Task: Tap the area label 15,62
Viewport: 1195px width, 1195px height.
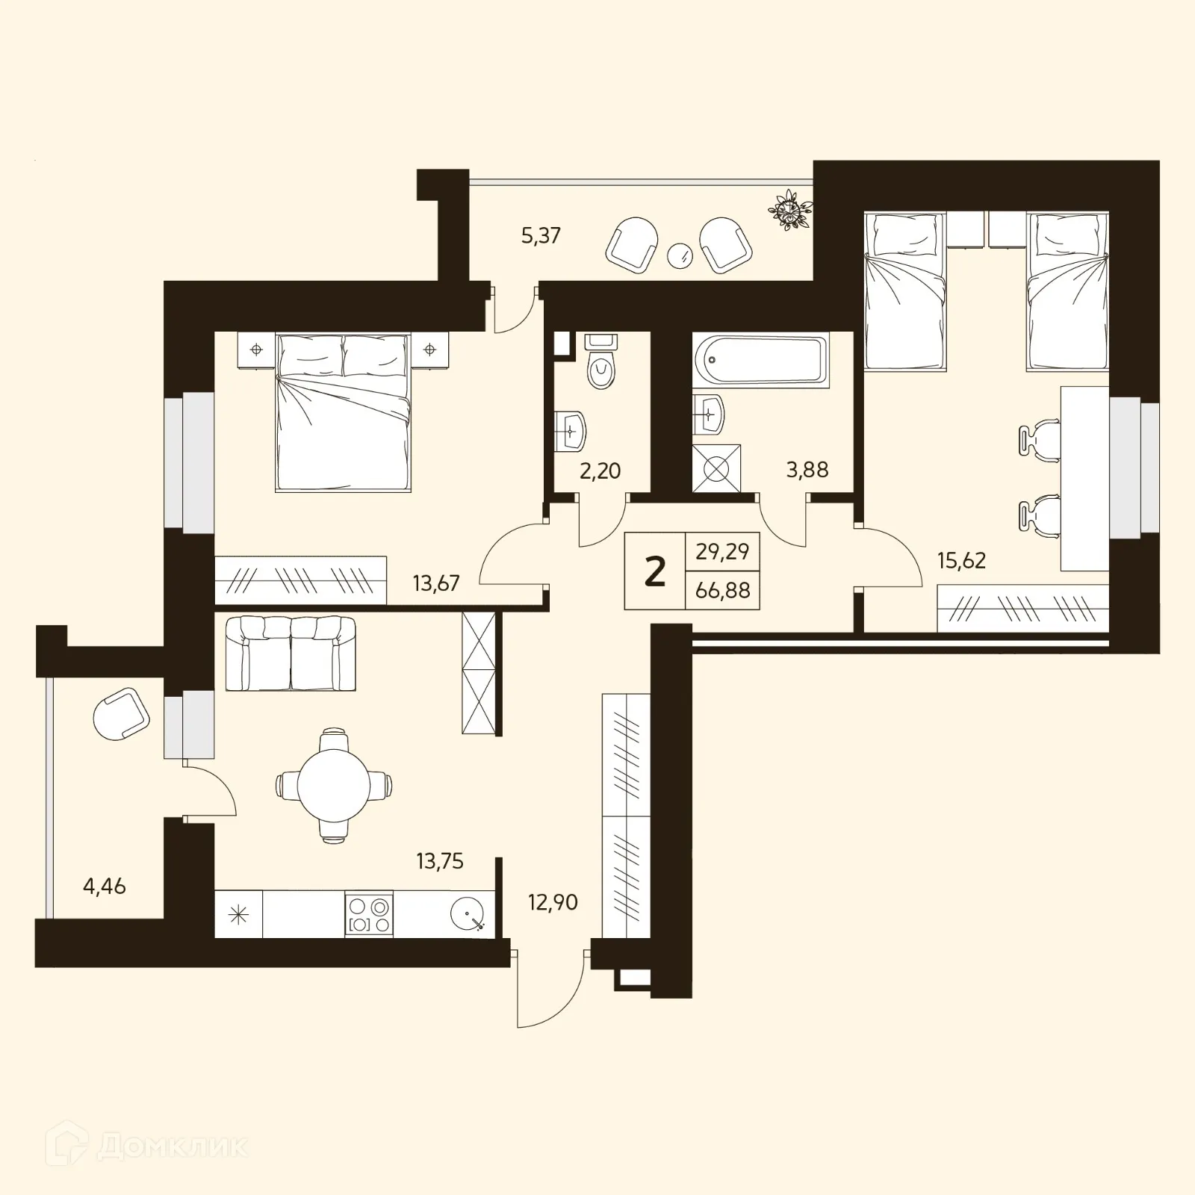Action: [961, 560]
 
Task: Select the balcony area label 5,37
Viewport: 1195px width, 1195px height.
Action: [541, 236]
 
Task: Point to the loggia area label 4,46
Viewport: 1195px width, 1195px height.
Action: [104, 887]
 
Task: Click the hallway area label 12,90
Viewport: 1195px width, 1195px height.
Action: [553, 902]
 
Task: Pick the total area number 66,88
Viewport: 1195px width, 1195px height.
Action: [722, 591]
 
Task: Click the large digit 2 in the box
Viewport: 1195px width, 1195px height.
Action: [654, 572]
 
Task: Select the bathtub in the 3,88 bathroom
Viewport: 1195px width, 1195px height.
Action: [760, 360]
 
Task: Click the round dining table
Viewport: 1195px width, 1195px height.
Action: [334, 785]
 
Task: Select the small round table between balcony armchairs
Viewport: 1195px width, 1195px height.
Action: [680, 255]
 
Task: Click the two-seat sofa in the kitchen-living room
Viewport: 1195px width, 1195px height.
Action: [291, 653]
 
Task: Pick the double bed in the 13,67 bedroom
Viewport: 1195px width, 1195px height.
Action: [344, 412]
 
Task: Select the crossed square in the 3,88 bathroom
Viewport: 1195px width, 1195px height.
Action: [716, 469]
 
